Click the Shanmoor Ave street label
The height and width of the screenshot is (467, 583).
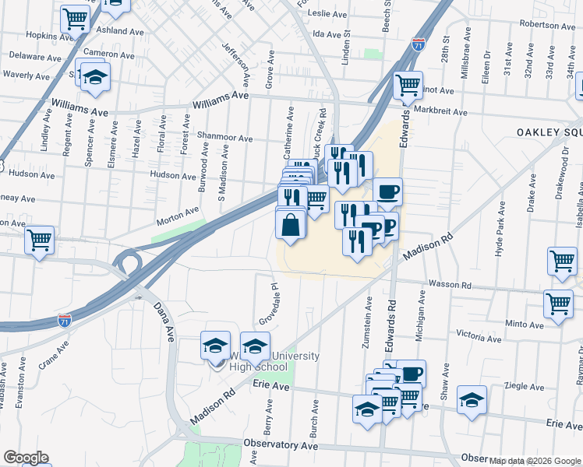click(x=224, y=139)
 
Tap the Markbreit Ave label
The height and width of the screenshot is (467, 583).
click(x=440, y=112)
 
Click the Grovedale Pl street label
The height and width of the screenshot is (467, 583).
click(x=270, y=306)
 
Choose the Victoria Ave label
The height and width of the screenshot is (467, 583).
click(x=479, y=335)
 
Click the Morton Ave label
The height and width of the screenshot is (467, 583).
click(x=178, y=216)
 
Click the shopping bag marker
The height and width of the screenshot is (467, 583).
click(x=290, y=225)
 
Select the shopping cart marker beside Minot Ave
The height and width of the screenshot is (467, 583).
click(x=408, y=86)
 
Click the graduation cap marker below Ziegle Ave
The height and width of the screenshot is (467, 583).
click(x=471, y=399)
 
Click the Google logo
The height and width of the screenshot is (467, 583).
click(x=26, y=458)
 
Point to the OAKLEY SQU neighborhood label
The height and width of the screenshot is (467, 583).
click(x=549, y=132)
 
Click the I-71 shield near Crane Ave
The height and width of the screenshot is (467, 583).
click(x=65, y=320)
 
